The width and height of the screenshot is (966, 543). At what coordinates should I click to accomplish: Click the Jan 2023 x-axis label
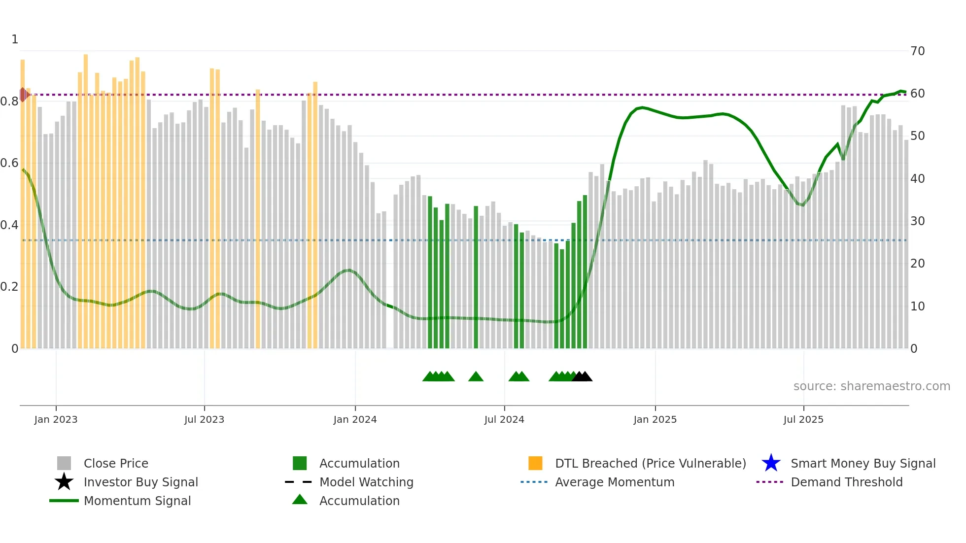(56, 419)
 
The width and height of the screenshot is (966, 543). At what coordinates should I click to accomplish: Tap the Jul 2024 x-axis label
(504, 419)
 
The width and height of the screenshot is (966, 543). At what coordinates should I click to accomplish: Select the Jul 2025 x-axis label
(803, 419)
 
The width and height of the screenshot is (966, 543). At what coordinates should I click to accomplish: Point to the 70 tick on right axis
(917, 51)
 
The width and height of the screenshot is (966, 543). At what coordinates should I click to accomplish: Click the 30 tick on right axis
(917, 221)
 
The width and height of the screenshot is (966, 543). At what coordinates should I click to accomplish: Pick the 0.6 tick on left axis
(9, 163)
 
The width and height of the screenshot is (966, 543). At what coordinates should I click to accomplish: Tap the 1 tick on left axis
(15, 39)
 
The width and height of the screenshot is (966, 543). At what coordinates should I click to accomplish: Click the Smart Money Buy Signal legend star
(771, 463)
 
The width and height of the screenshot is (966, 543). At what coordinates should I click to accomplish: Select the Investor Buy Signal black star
(64, 482)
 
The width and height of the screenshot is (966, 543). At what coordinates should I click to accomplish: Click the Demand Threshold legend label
(846, 482)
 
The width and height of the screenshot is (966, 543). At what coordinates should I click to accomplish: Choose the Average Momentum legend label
(614, 482)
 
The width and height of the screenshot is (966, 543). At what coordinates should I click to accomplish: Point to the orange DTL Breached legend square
(535, 463)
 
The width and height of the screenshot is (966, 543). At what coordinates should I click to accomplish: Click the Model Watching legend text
(366, 482)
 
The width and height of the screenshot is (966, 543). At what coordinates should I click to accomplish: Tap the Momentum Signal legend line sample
(64, 501)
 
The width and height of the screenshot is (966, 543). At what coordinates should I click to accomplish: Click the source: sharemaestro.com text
(871, 386)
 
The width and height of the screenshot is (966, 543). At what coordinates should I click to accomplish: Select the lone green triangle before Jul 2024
(476, 377)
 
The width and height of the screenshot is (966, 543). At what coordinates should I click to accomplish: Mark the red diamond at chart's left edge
(23, 95)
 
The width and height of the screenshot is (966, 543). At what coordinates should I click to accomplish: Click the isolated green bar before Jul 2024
(476, 276)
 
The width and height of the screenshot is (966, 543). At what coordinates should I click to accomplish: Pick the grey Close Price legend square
(64, 463)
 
